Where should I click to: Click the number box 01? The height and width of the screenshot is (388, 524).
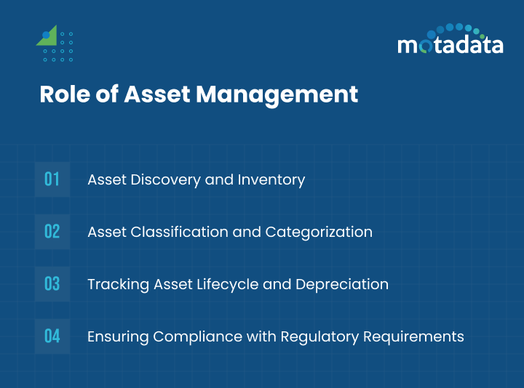[x=52, y=179]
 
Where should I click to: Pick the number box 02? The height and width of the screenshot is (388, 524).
[x=52, y=232]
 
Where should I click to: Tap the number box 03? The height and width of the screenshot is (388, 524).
[x=52, y=284]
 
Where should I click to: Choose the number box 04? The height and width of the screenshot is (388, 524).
[x=52, y=336]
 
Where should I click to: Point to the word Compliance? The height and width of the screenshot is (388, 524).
[x=191, y=336]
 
